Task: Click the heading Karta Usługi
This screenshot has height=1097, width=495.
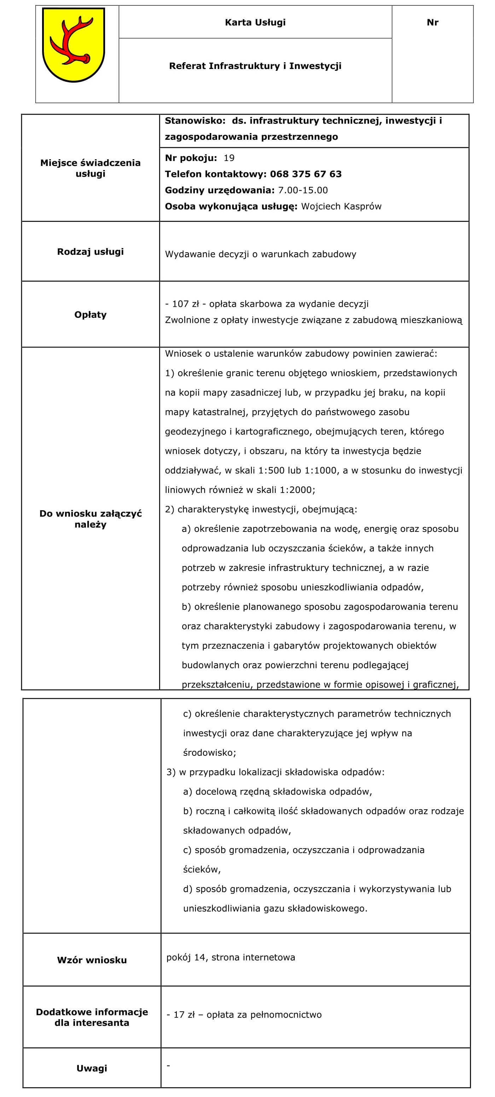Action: [x=255, y=23]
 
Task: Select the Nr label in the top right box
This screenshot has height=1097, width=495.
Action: [x=432, y=23]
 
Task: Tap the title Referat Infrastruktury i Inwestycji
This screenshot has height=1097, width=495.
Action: [x=255, y=66]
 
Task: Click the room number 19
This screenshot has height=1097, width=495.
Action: [x=229, y=158]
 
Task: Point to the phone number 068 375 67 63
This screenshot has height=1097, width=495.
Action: [x=305, y=174]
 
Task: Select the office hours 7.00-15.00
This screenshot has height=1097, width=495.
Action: [x=303, y=190]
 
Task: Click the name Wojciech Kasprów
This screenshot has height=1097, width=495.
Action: [x=341, y=207]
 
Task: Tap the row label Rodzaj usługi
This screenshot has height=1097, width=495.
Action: [x=90, y=252]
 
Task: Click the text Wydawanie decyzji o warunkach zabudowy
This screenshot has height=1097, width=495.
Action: [x=261, y=254]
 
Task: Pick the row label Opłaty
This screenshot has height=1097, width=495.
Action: [x=90, y=315]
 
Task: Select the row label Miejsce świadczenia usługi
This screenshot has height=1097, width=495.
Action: [x=90, y=168]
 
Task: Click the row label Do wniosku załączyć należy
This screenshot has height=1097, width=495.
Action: [x=90, y=519]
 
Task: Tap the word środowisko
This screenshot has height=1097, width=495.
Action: [x=209, y=752]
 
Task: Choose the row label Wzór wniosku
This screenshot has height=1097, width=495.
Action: [x=92, y=960]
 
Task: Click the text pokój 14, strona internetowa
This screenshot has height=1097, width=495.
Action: [x=231, y=957]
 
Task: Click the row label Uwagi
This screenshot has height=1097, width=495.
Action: [x=92, y=1068]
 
